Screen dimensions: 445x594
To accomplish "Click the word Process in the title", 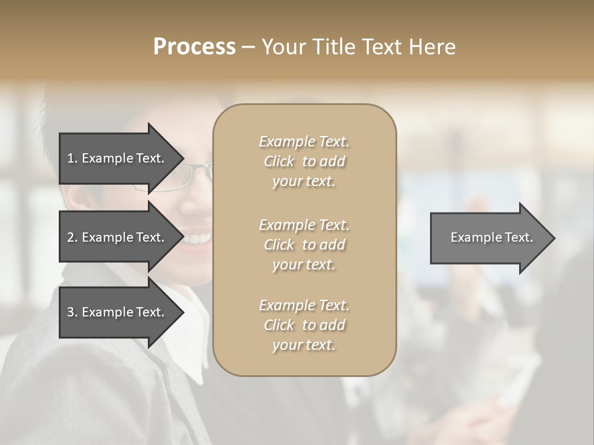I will click(x=194, y=47).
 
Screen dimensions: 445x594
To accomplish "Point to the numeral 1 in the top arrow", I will click(x=70, y=158).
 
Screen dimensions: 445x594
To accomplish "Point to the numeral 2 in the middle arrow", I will click(x=71, y=237).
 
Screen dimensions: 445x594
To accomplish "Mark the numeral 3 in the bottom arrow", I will click(x=71, y=312).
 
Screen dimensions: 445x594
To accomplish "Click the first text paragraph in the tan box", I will click(x=304, y=161).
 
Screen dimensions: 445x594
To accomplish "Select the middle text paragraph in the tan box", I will click(x=304, y=244).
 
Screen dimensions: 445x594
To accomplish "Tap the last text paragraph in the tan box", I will click(x=304, y=325).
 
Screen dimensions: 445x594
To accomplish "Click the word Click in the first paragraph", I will click(x=279, y=161).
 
